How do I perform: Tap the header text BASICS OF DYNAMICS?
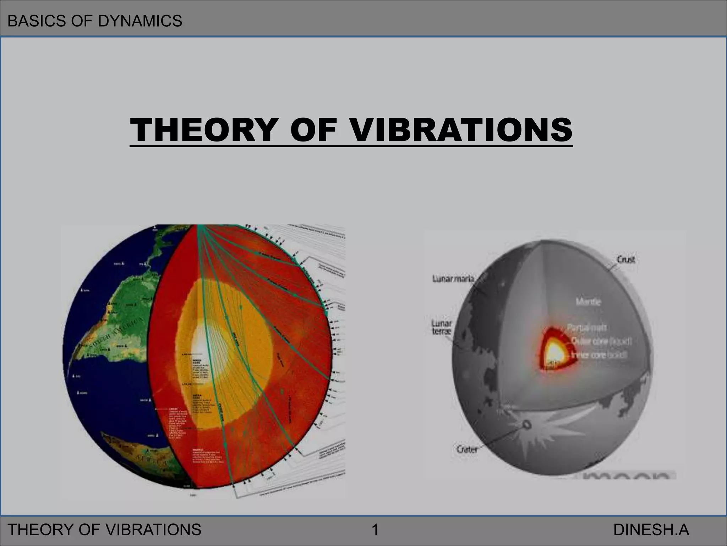(x=95, y=21)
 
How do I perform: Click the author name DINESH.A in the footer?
(x=651, y=530)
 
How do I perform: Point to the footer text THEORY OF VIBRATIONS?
(x=104, y=530)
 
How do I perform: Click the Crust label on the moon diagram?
(x=626, y=259)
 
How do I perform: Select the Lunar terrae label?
(x=442, y=327)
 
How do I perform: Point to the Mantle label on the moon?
(x=588, y=302)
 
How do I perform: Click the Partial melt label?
(x=586, y=327)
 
